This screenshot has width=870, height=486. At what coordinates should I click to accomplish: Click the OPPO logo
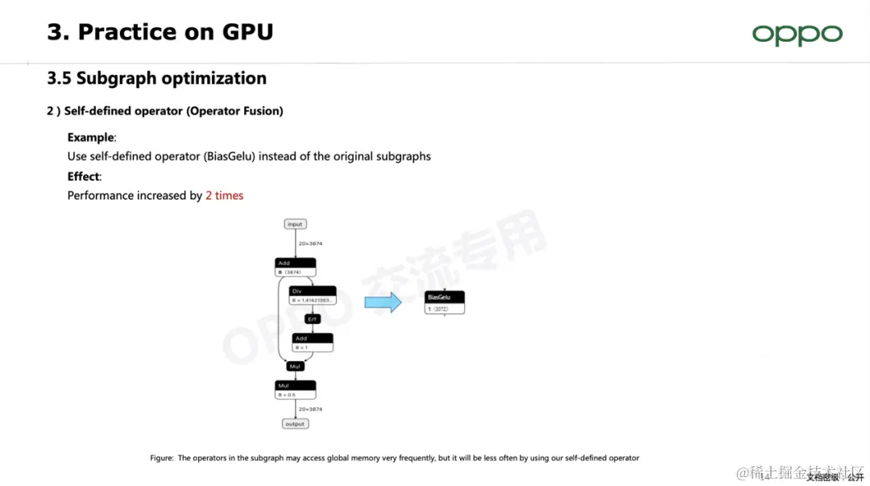tap(797, 35)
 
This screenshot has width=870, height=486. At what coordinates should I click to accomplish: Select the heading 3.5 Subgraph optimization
tap(156, 78)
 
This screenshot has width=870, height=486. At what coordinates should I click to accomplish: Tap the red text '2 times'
tap(224, 195)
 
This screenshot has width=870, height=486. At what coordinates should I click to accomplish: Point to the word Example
tap(91, 137)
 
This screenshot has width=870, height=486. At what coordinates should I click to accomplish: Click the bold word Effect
tap(83, 176)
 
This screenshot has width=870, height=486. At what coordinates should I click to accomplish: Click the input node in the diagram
tap(295, 224)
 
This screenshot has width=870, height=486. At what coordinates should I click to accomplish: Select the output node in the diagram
tap(295, 424)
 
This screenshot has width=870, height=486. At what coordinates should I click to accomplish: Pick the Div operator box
tap(312, 295)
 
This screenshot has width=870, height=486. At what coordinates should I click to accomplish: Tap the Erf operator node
tap(312, 319)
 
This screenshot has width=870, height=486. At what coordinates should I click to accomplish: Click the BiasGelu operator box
tap(445, 302)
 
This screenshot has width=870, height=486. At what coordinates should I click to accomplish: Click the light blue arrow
tap(383, 303)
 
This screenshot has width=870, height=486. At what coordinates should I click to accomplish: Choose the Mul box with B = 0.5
tap(295, 390)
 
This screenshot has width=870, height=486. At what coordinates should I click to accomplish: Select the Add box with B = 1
tap(312, 343)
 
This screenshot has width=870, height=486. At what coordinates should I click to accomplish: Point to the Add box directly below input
tap(295, 267)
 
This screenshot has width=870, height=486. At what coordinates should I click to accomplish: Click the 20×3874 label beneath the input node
tap(310, 243)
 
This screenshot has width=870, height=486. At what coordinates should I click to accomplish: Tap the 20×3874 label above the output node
tap(310, 409)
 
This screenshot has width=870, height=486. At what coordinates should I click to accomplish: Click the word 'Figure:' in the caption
tap(161, 458)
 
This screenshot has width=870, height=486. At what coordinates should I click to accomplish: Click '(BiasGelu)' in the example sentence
tap(230, 156)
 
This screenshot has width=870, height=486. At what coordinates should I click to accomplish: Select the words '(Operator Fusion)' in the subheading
tap(234, 111)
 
